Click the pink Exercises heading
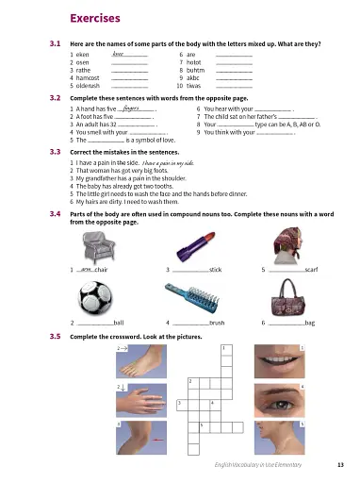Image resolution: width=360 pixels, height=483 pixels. coord(94,18)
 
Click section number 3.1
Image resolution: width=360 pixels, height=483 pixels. coord(55,43)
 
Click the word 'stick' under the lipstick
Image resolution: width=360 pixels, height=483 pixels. coord(215,271)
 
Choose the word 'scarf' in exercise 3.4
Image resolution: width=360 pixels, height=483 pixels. coord(315,271)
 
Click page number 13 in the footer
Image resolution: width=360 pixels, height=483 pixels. coord(339,463)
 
